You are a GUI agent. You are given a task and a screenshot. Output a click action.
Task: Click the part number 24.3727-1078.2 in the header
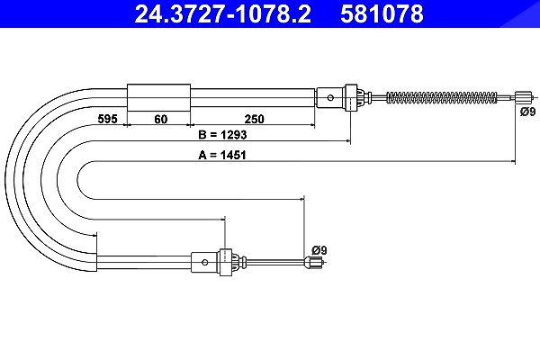(x=222, y=13)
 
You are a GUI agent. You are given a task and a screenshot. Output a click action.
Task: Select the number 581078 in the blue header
(x=382, y=13)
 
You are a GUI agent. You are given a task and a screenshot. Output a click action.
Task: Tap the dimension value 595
(x=107, y=119)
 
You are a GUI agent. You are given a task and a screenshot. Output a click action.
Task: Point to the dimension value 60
(x=161, y=119)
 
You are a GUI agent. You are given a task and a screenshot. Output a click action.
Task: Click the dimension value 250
(x=254, y=119)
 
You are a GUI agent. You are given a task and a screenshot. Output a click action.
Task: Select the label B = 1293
(x=222, y=134)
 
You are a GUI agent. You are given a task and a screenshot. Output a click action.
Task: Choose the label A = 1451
(x=222, y=155)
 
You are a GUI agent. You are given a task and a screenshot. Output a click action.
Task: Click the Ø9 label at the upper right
(x=527, y=112)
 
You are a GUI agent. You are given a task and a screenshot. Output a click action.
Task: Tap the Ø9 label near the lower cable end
(x=319, y=250)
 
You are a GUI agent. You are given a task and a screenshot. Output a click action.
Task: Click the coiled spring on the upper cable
(x=442, y=97)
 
